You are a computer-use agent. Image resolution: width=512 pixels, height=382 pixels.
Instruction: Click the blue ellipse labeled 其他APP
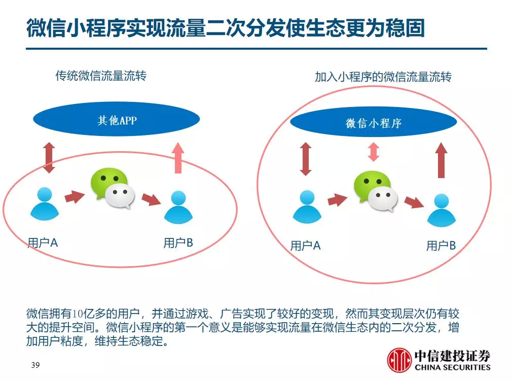117,119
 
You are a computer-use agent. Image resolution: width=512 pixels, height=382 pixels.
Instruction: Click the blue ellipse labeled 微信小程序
373,122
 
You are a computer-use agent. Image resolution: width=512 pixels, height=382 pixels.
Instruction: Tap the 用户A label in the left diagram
43,243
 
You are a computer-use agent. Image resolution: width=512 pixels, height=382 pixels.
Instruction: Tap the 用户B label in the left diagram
178,243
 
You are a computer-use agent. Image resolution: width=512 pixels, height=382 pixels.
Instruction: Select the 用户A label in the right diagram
305,246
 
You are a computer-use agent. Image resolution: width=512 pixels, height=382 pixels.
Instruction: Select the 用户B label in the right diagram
441,246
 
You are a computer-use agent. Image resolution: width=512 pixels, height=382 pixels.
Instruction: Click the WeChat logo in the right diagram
376,191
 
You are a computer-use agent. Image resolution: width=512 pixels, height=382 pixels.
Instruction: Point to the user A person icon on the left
45,203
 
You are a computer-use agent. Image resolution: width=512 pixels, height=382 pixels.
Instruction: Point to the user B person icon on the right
442,210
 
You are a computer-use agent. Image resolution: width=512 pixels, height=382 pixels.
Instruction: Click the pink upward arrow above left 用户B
178,158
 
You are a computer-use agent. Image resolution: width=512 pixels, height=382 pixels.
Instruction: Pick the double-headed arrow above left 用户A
49,157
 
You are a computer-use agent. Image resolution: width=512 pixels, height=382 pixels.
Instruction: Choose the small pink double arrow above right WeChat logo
374,152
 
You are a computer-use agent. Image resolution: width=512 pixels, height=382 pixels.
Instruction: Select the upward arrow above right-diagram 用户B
442,160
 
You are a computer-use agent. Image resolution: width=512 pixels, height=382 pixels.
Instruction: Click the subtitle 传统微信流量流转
101,76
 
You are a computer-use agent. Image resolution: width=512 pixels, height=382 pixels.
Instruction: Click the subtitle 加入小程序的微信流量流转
383,77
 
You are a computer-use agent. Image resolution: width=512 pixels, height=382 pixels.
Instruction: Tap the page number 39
35,365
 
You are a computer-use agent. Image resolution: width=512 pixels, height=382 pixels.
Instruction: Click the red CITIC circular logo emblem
399,360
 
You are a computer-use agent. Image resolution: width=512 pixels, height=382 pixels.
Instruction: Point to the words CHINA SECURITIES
453,367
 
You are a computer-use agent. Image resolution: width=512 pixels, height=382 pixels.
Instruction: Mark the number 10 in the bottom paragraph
77,314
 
